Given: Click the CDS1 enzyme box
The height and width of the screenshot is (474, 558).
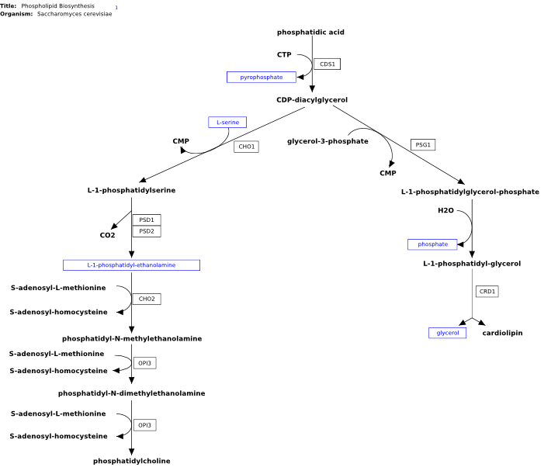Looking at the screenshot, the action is pyautogui.click(x=327, y=64).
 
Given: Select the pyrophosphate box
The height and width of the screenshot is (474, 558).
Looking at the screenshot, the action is pyautogui.click(x=262, y=78).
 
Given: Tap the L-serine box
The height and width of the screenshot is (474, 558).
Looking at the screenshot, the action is pyautogui.click(x=227, y=122).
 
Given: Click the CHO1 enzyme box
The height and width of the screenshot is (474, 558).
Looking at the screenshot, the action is pyautogui.click(x=246, y=147).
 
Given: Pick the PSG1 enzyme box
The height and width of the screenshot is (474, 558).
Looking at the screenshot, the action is pyautogui.click(x=423, y=145).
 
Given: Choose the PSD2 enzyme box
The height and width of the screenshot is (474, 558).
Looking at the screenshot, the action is pyautogui.click(x=147, y=231).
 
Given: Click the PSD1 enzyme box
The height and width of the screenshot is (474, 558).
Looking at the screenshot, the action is pyautogui.click(x=147, y=220).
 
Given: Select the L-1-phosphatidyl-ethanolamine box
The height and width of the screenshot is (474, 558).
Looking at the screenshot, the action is pyautogui.click(x=131, y=265).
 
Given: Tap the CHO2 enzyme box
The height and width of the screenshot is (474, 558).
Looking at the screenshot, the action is pyautogui.click(x=147, y=299).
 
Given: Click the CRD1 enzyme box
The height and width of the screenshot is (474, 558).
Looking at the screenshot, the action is pyautogui.click(x=487, y=292).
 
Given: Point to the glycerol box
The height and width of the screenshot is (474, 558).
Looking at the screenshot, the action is pyautogui.click(x=447, y=333).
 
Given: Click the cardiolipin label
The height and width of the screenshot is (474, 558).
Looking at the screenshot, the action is pyautogui.click(x=502, y=333).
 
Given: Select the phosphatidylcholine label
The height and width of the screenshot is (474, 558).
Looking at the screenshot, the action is pyautogui.click(x=132, y=461).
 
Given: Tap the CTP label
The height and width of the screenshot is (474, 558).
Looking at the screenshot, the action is pyautogui.click(x=284, y=55).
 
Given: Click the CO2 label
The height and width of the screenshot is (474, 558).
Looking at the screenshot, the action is pyautogui.click(x=107, y=235).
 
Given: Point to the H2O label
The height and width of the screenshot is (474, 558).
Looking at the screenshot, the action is pyautogui.click(x=446, y=210).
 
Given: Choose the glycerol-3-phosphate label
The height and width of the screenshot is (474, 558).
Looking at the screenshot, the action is pyautogui.click(x=328, y=141).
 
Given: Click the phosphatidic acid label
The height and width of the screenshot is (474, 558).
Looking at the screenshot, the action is pyautogui.click(x=310, y=33).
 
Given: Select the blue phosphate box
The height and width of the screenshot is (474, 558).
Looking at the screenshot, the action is pyautogui.click(x=432, y=244).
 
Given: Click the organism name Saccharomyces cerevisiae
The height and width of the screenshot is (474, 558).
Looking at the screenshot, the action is pyautogui.click(x=75, y=14).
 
